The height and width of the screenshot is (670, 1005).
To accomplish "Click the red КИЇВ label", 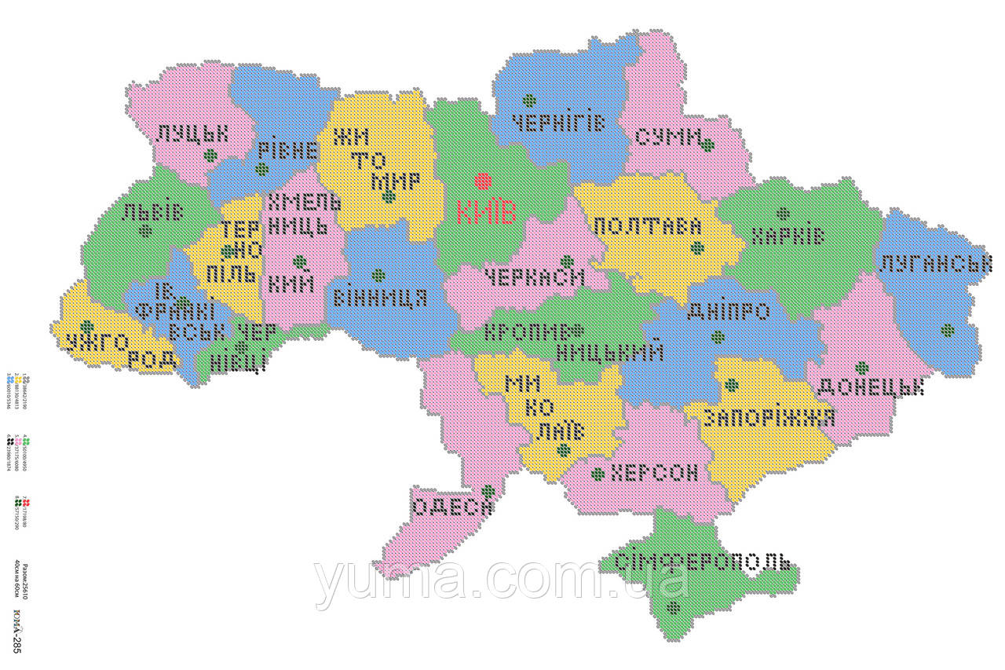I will [x=486, y=213].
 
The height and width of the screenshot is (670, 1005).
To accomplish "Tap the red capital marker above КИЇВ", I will [x=483, y=181].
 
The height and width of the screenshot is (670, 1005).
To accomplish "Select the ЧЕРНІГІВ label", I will [x=558, y=123].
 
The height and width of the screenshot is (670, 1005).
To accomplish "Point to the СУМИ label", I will [x=668, y=138].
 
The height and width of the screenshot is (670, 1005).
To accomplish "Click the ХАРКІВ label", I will [x=788, y=236].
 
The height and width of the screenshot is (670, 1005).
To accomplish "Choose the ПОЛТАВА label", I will [x=647, y=226].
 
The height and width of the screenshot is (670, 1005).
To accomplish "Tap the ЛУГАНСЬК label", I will [x=934, y=264].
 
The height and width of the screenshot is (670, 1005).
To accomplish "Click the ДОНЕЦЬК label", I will [x=871, y=387].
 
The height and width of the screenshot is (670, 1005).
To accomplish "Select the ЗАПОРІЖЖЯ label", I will [x=769, y=418].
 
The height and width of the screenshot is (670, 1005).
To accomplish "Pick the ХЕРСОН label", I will [x=654, y=473].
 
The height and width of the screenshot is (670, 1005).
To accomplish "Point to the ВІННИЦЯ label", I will [x=380, y=298].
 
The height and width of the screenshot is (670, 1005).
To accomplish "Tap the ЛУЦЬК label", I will [x=192, y=133].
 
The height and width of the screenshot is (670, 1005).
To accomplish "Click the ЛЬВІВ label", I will [x=152, y=211].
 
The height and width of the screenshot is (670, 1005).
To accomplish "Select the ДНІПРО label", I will [x=728, y=313].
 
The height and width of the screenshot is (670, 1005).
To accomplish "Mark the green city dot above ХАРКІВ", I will [x=783, y=213].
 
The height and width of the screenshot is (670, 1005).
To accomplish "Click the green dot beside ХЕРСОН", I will [x=598, y=474].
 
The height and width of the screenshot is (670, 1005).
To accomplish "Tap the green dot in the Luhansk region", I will [x=948, y=331].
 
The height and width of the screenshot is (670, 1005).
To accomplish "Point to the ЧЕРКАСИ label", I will [x=535, y=277].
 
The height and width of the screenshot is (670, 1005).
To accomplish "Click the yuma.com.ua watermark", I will [x=502, y=581].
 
